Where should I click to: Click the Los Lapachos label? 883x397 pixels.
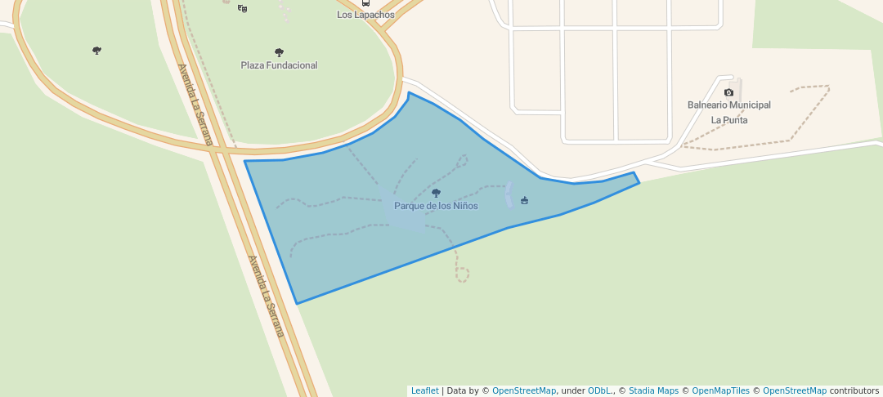[x=365, y=15]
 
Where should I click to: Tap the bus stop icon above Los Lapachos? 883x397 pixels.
[x=365, y=2]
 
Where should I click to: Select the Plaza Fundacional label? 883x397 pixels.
[x=279, y=65]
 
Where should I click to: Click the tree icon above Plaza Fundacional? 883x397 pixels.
[x=279, y=52]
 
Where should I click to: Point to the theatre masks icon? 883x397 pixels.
[x=242, y=8]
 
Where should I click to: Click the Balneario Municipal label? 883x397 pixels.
[x=728, y=105]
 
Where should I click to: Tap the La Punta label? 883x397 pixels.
[x=728, y=120]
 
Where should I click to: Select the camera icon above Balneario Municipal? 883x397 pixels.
[x=728, y=92]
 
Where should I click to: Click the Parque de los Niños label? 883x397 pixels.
[x=436, y=206]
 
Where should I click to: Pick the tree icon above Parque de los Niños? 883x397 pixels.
[x=436, y=194]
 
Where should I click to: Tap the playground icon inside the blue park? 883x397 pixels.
[x=524, y=200]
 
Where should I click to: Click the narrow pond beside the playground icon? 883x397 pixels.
[x=509, y=194]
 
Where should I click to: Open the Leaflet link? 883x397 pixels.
[x=424, y=391]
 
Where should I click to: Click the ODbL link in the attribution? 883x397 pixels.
[x=599, y=391]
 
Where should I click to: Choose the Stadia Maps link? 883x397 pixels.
[x=652, y=391]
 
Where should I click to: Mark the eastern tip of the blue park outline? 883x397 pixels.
[x=639, y=182]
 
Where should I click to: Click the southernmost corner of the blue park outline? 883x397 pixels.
[x=297, y=304]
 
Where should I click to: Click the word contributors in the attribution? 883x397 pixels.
[x=854, y=391]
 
